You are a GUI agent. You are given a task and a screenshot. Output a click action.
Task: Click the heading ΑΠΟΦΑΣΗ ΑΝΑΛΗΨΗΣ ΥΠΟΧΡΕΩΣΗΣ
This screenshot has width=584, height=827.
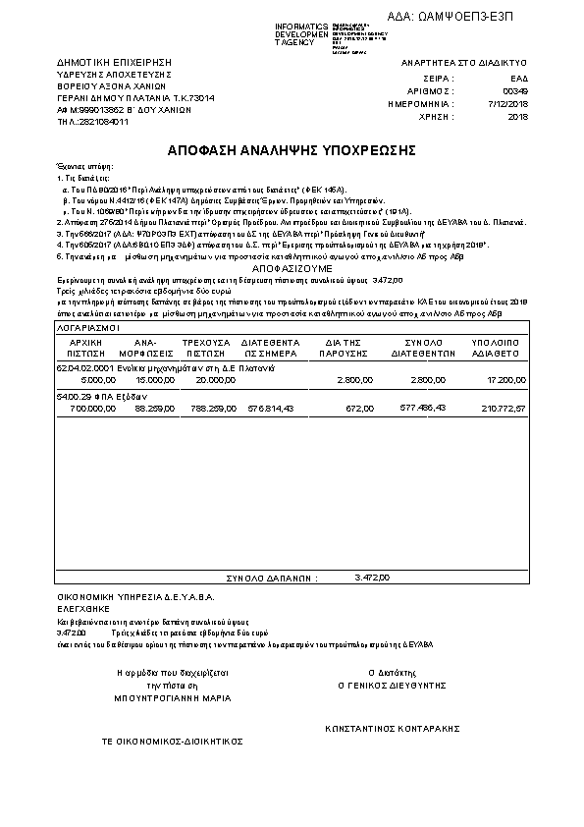click(292, 151)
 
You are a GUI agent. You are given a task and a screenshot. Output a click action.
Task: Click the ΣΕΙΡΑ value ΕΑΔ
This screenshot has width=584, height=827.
click(519, 77)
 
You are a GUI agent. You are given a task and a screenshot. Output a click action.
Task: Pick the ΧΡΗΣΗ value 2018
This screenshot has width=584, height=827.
click(518, 116)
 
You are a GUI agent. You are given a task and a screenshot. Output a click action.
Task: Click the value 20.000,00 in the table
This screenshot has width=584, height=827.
click(215, 378)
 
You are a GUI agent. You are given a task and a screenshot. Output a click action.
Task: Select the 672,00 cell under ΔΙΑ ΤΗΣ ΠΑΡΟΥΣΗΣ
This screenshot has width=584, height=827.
click(361, 407)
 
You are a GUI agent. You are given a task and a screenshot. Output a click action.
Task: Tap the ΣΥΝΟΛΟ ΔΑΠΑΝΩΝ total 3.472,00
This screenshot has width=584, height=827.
click(373, 578)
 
